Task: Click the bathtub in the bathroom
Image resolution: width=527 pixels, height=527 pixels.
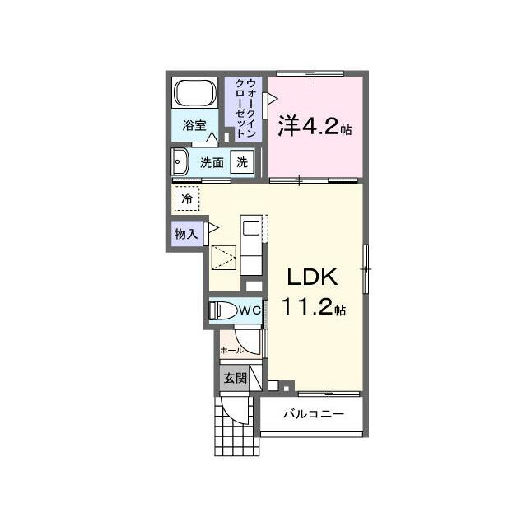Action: click(194, 93)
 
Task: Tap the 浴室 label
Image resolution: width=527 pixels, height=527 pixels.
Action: click(194, 125)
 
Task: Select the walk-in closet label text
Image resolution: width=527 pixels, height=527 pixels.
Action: click(246, 108)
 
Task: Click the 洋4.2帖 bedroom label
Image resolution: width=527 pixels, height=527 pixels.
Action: click(315, 127)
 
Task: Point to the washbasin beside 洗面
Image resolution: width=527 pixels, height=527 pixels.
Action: click(180, 161)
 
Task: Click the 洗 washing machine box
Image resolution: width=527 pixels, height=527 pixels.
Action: click(242, 162)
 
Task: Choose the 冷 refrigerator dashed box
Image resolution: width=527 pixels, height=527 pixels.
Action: click(187, 198)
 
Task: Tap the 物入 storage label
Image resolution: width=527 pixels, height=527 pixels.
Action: click(186, 234)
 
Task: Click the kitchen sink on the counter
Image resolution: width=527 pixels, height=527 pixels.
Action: click(250, 228)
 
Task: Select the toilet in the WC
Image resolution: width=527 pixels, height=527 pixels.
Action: click(223, 310)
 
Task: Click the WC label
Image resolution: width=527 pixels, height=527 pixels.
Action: click(250, 310)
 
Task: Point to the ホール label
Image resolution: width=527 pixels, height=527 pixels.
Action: click(231, 351)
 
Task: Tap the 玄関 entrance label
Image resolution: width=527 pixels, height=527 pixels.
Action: click(236, 379)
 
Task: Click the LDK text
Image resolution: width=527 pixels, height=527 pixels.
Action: click(312, 277)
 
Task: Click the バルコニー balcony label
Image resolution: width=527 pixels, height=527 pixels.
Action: click(314, 413)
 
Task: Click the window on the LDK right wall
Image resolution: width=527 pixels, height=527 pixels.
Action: click(366, 269)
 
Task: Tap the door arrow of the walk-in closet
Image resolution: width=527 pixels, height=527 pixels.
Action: click(272, 99)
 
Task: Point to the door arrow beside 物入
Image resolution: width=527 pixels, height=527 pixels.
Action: click(213, 228)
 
